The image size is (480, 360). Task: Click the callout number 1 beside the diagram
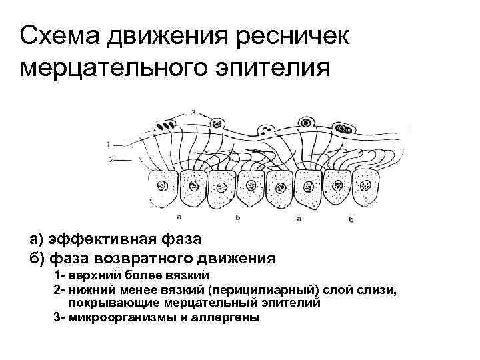(x=108, y=143)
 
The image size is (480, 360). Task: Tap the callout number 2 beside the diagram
(x=108, y=159)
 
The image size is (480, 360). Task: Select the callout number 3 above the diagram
(x=193, y=111)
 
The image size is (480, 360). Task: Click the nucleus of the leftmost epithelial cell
(x=162, y=187)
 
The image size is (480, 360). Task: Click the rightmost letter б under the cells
(x=350, y=219)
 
